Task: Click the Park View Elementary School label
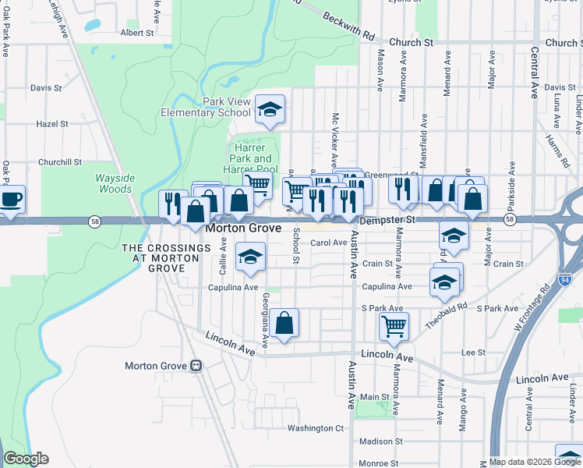205,107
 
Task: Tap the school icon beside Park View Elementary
270,109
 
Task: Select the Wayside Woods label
115,183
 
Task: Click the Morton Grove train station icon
196,365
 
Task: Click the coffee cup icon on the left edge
11,199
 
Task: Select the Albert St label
137,33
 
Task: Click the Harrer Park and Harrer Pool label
251,158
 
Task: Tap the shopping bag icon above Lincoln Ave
284,322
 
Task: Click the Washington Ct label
315,428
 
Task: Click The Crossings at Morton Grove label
166,257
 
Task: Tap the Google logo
26,459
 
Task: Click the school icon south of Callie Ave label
250,257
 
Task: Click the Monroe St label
380,463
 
